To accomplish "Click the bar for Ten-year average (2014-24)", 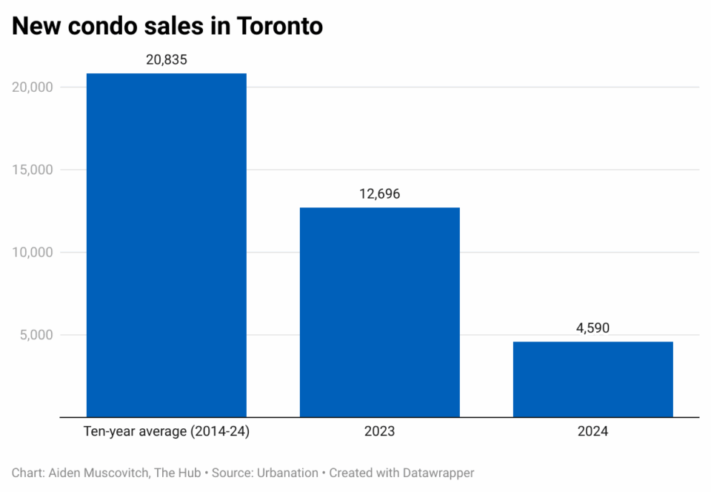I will point(167,245).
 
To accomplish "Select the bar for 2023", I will point(379,312).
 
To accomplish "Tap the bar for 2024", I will point(592,379).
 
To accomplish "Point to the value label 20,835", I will point(167,60).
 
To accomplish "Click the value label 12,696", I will point(379,194).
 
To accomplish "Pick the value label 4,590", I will point(592,328).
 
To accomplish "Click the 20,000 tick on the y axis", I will point(32,87).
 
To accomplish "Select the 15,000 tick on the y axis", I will point(32,170).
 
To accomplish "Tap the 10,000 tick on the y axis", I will point(32,253).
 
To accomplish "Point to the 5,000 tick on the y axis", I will point(35,335).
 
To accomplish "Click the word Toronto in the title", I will point(280,26).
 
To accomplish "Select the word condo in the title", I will point(100,26).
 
